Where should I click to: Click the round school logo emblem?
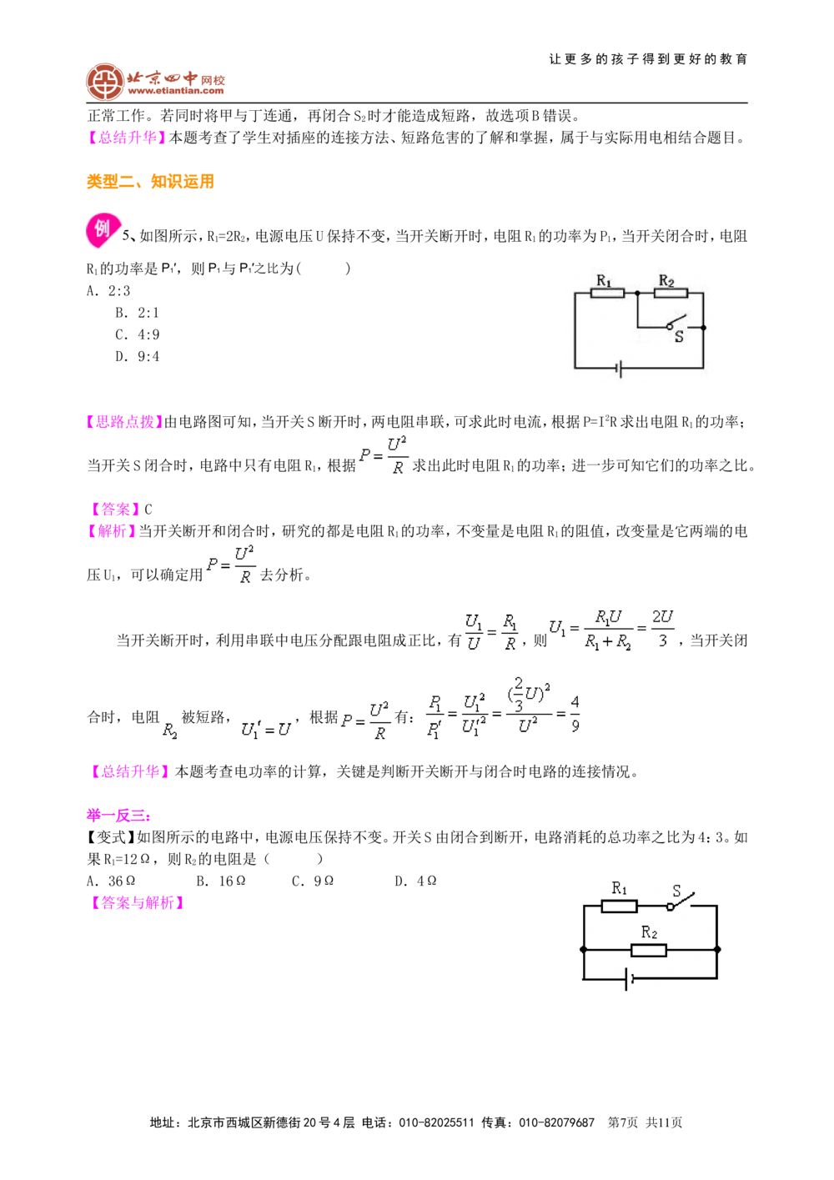coord(105,82)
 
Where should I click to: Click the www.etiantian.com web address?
coord(176,91)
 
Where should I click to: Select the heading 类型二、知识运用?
coord(150,181)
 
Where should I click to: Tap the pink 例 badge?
coord(103,230)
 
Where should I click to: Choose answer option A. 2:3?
coord(108,291)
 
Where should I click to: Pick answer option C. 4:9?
coord(137,334)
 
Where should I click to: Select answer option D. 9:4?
coord(137,357)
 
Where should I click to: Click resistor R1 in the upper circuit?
coord(607,293)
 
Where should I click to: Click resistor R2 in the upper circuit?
coord(671,293)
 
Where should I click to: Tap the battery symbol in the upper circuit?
coord(619,369)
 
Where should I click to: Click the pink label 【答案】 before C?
coord(115,509)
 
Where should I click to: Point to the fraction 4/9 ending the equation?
coord(575,714)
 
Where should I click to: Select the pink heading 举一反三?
coord(118,816)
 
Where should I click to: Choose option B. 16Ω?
coord(221,881)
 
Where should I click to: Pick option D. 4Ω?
coord(415,881)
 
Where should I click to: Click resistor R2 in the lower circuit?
coord(649,950)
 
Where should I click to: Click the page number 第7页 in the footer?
coord(622,1122)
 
